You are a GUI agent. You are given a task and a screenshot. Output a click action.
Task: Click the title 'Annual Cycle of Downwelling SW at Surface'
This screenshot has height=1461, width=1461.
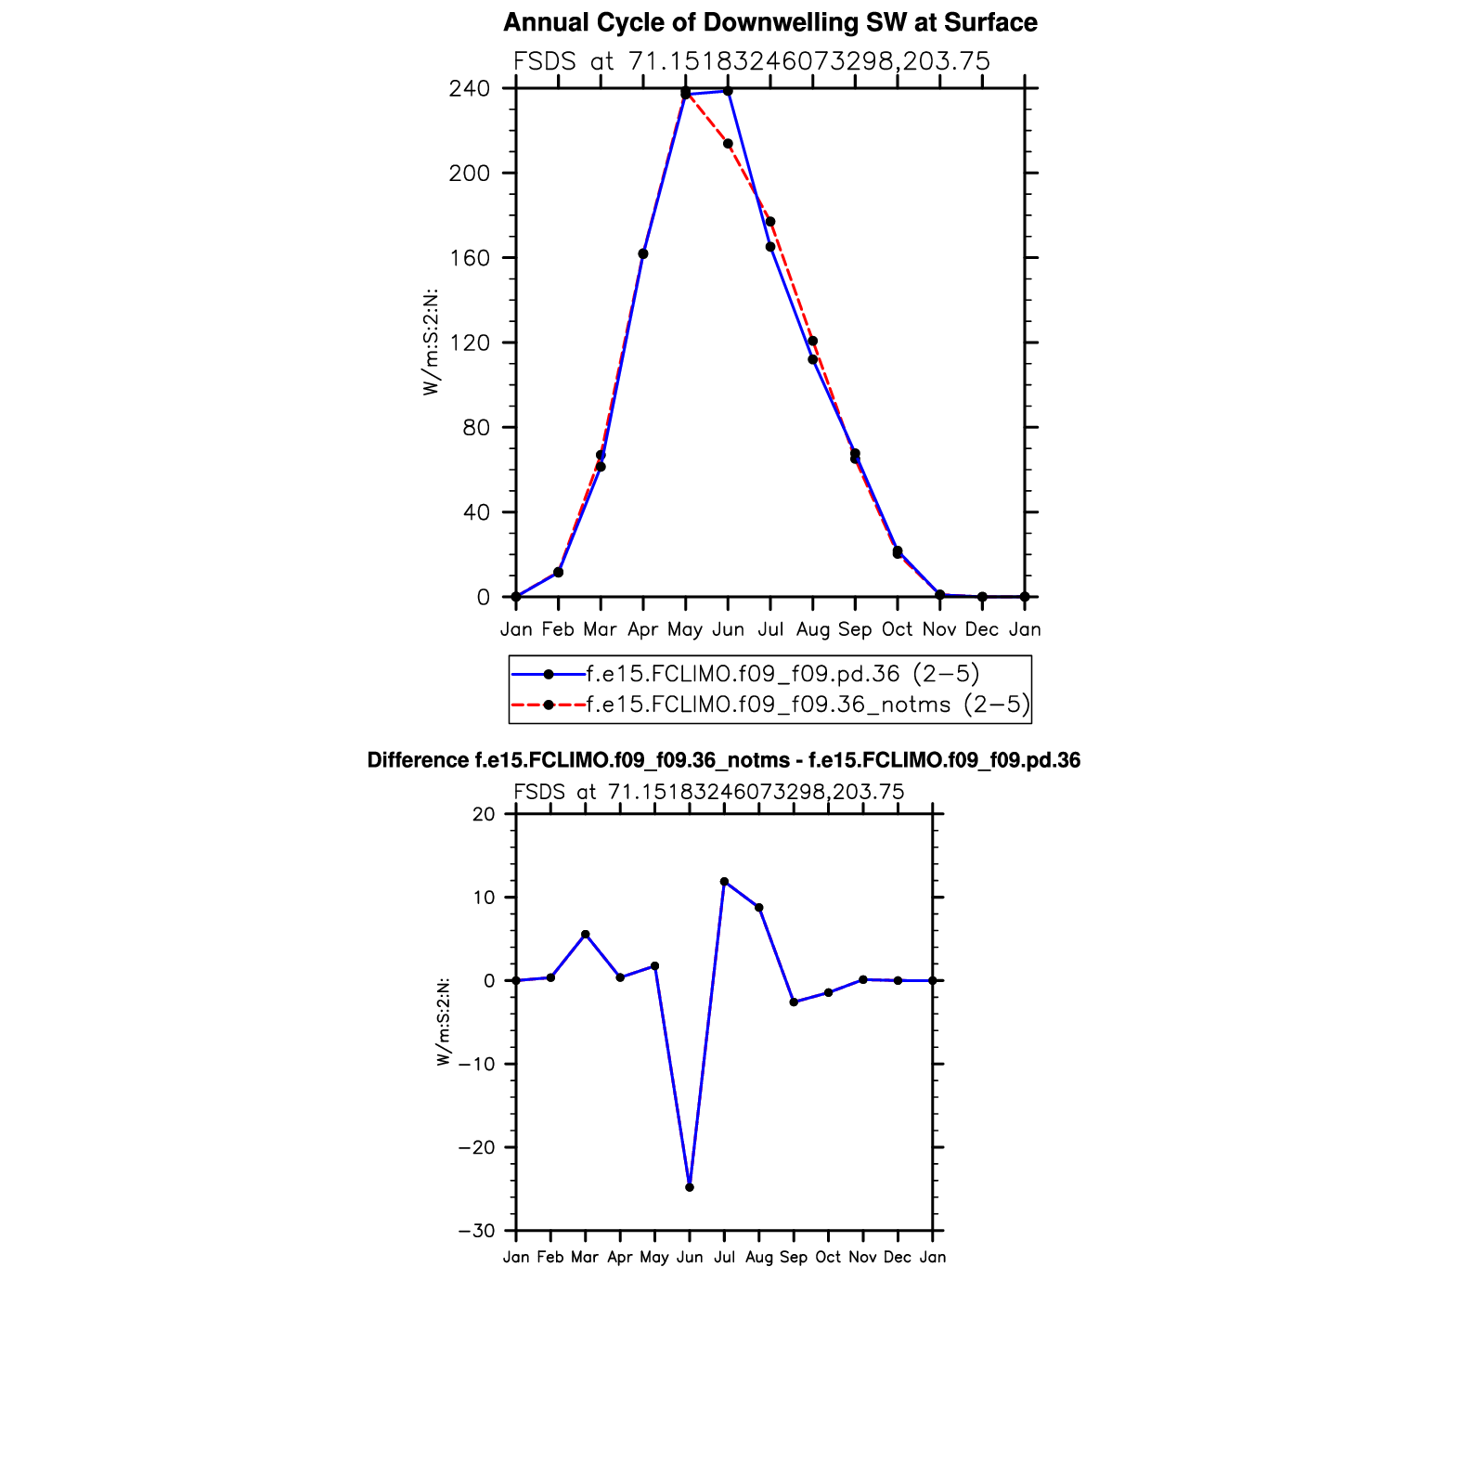coord(769,22)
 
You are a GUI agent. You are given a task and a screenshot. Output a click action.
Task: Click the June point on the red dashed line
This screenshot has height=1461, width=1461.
coord(728,144)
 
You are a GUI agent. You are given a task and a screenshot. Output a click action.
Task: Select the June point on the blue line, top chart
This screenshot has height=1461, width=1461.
coord(728,91)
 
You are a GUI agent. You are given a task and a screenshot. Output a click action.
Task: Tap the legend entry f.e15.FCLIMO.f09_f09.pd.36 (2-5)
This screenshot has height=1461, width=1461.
coord(782,674)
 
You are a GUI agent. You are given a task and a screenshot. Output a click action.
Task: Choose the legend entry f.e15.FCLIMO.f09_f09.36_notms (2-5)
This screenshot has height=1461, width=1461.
coord(808,705)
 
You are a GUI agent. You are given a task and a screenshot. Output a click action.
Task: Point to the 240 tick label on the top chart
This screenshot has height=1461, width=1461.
coord(470,89)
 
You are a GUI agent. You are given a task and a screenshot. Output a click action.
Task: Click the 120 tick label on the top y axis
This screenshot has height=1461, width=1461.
coord(470,343)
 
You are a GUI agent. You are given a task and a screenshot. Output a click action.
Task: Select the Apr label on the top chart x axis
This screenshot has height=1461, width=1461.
coord(642,629)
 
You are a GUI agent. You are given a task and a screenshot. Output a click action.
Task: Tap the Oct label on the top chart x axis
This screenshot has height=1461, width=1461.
coord(897,629)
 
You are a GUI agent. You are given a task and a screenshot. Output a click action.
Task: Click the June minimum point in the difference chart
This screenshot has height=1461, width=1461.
coord(690,1187)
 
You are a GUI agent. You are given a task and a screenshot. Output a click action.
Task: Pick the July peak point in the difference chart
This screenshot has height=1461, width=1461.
coord(724,882)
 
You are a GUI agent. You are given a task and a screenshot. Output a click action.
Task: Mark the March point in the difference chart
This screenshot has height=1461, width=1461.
coord(585,935)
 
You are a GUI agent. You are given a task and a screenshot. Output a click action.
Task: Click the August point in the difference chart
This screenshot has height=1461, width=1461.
coord(759,908)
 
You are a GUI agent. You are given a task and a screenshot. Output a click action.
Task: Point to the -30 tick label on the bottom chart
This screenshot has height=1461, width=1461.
coord(477,1231)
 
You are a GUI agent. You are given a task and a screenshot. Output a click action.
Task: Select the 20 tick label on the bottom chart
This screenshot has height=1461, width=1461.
coord(485,814)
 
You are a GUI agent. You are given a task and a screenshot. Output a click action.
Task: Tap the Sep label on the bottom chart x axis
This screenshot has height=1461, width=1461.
coord(794,1257)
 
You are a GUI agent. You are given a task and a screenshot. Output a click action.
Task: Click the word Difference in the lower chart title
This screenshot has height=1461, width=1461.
coord(418,761)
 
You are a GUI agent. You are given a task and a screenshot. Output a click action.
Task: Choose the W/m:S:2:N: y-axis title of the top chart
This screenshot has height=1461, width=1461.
coord(431,343)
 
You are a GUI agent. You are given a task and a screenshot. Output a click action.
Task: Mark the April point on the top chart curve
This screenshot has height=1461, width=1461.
coord(643,254)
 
